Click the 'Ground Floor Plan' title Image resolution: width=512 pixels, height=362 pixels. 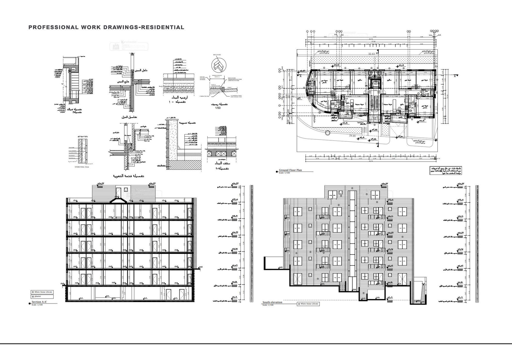(x=290, y=170)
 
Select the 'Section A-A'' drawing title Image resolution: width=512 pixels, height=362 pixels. (x=39, y=302)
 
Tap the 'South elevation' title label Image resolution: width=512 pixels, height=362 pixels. (x=272, y=302)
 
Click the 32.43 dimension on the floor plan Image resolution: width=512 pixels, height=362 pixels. (x=371, y=54)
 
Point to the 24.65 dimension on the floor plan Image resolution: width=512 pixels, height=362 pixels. (x=352, y=136)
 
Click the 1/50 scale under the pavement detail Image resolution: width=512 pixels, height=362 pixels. (x=218, y=108)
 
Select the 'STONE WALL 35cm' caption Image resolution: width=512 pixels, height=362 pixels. (x=82, y=167)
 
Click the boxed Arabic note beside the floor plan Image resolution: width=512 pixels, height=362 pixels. (x=445, y=170)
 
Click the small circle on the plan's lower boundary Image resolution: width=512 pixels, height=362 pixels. (x=327, y=133)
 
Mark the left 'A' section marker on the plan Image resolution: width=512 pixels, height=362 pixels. (x=300, y=76)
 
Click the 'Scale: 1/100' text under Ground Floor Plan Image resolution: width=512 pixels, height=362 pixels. (x=284, y=173)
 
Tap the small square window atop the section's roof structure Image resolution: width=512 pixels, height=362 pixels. (x=126, y=190)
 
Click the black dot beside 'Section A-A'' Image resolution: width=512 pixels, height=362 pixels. (x=30, y=303)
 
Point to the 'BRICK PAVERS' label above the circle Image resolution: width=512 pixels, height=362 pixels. (x=217, y=55)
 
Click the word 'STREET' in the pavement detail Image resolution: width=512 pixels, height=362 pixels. (x=229, y=88)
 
